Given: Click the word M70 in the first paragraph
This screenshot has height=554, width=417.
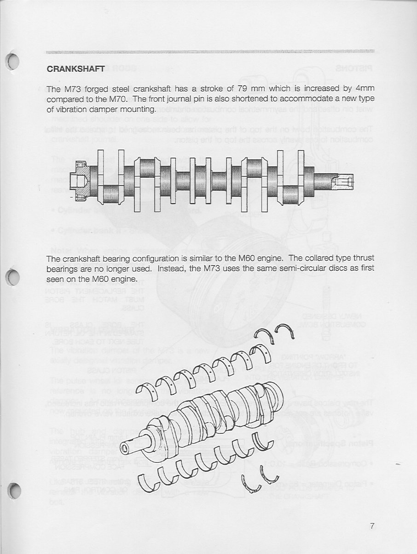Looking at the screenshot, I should pyautogui.click(x=118, y=99).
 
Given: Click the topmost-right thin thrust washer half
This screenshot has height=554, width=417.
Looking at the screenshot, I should pyautogui.click(x=280, y=333).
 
